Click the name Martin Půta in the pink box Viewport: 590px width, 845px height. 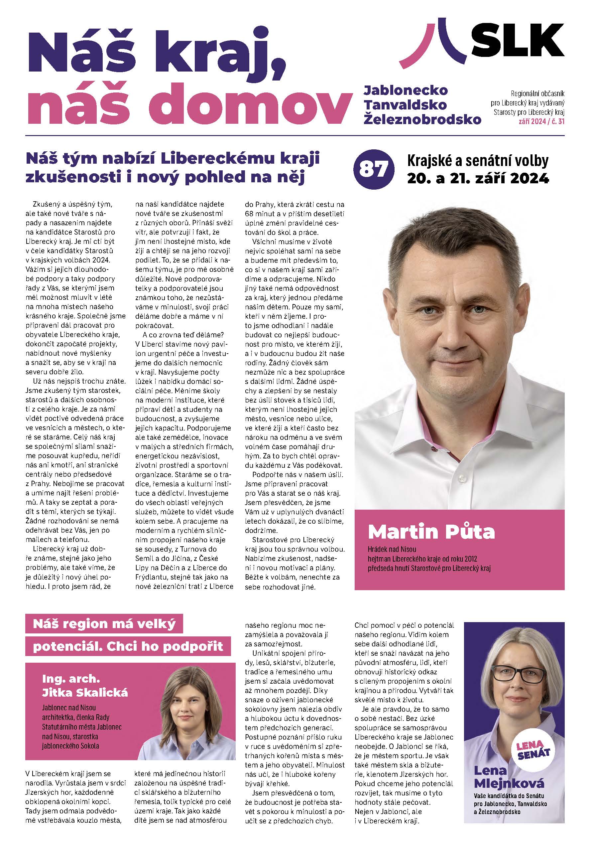(x=431, y=531)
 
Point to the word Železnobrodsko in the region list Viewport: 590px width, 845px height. (x=422, y=119)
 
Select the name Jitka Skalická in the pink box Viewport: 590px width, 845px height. (x=85, y=693)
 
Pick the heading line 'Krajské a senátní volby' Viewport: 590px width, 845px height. (x=478, y=161)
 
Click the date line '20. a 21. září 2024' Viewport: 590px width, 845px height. (x=478, y=179)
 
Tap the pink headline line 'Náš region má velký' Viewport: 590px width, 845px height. (x=104, y=623)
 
